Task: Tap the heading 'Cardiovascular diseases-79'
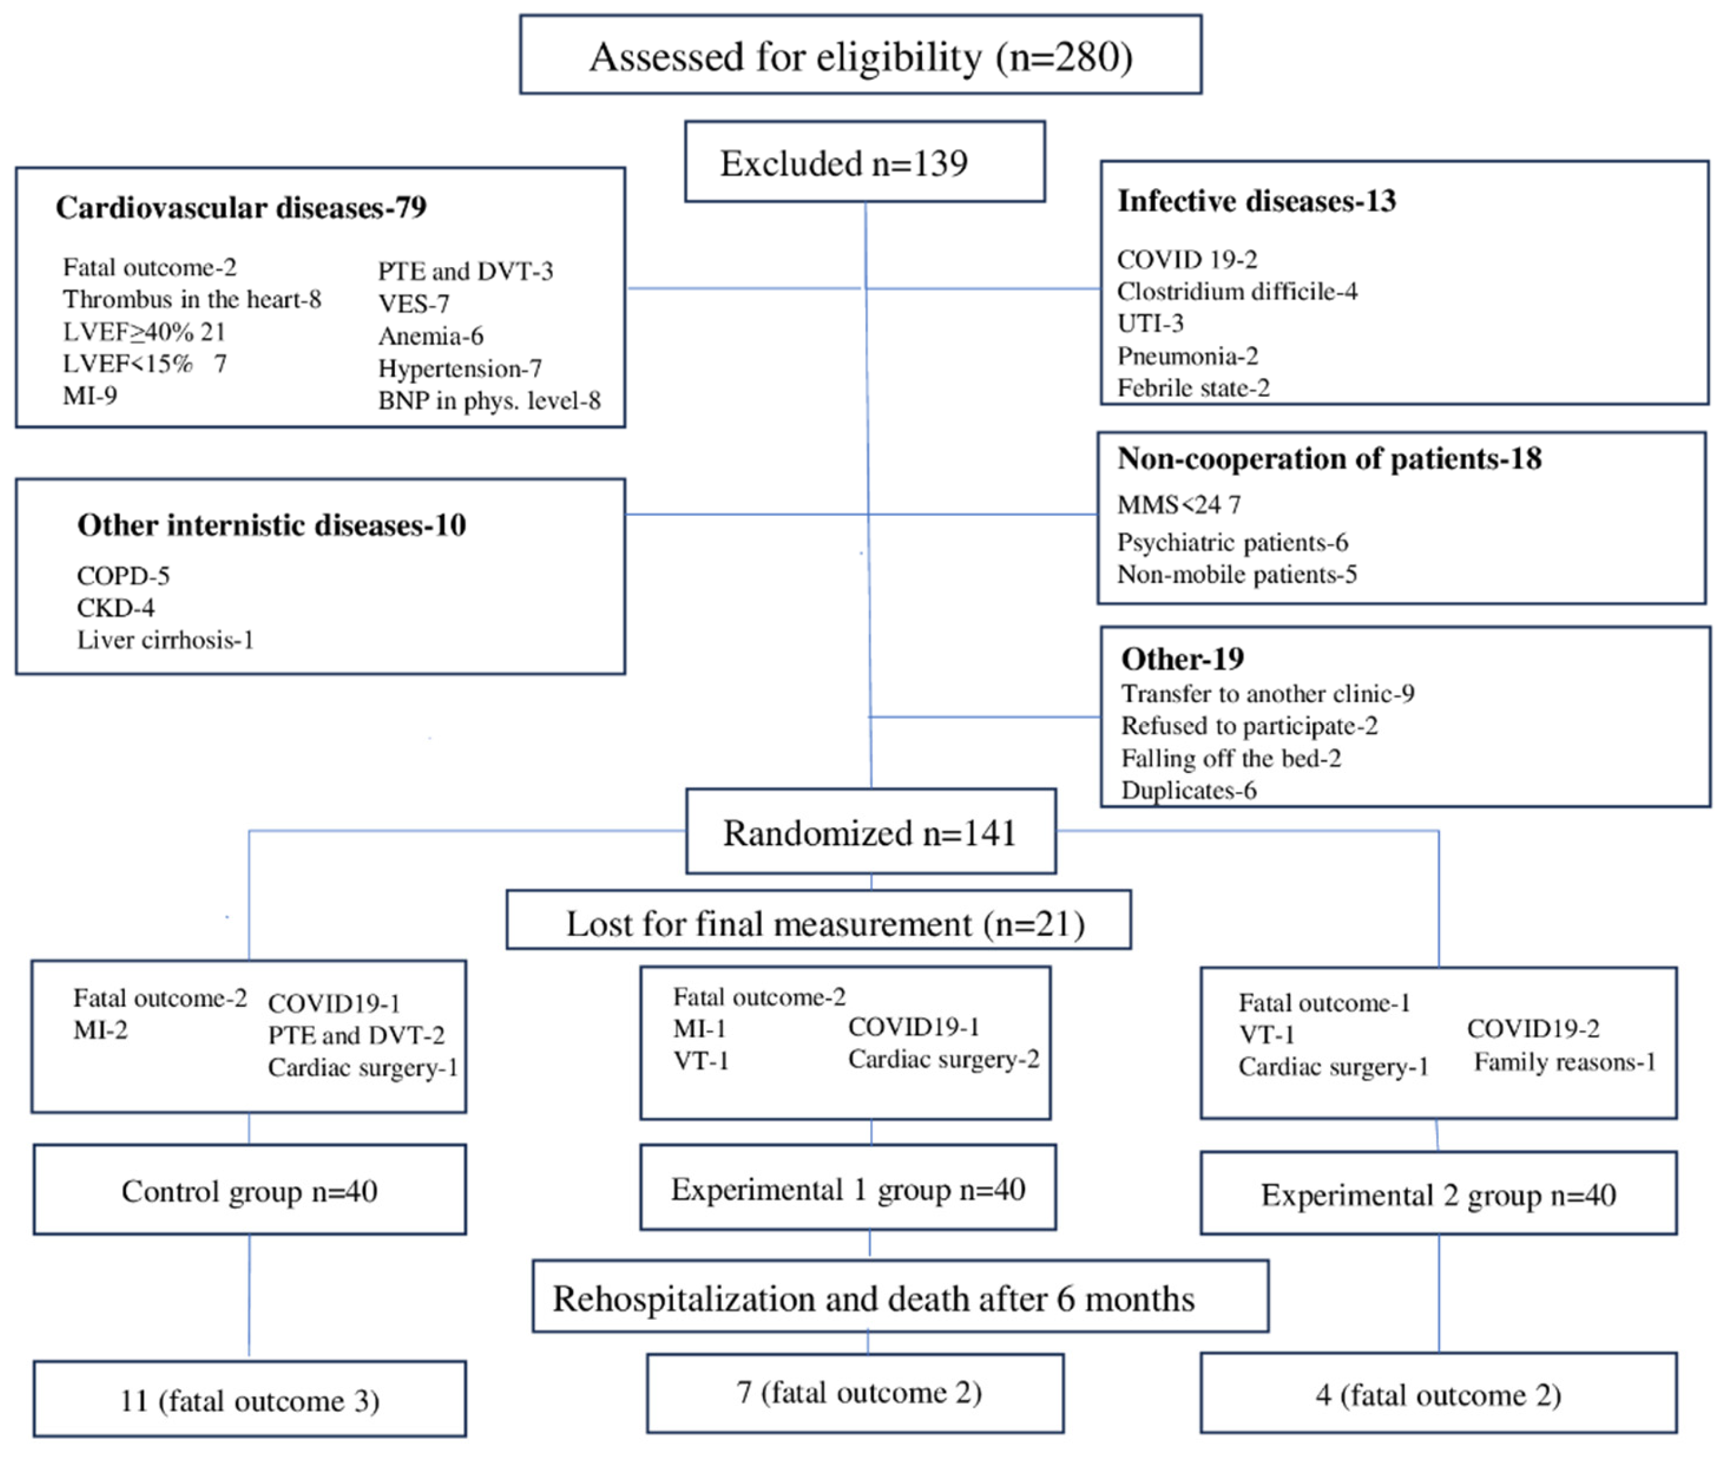pyautogui.click(x=241, y=208)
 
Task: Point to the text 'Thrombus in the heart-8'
pyautogui.click(x=192, y=299)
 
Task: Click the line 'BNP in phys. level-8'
pyautogui.click(x=489, y=401)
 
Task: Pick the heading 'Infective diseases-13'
pyautogui.click(x=1256, y=201)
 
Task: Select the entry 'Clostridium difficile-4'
pyautogui.click(x=1236, y=292)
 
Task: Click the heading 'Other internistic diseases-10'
pyautogui.click(x=271, y=525)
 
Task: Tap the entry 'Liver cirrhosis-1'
pyautogui.click(x=165, y=640)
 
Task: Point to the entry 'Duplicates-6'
pyautogui.click(x=1188, y=791)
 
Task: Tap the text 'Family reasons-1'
pyautogui.click(x=1564, y=1062)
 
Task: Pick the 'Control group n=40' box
pyautogui.click(x=249, y=1191)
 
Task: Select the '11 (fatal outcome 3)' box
pyautogui.click(x=249, y=1401)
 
